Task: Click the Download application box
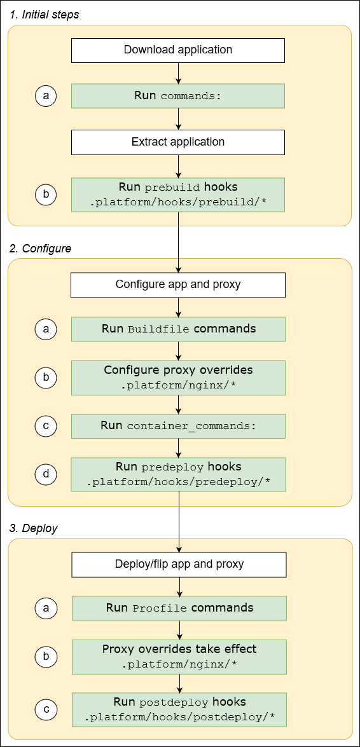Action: tap(177, 50)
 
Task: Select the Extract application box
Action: tap(177, 142)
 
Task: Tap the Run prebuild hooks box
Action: tap(177, 195)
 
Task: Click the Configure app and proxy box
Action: tap(178, 285)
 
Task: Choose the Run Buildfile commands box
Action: tap(178, 329)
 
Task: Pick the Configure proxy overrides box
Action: tap(178, 378)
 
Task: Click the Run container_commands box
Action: tap(178, 426)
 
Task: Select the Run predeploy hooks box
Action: tap(178, 475)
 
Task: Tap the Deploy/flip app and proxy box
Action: tap(179, 564)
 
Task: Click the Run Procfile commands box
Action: tap(179, 608)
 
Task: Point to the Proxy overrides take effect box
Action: tap(179, 657)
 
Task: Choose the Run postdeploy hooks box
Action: tap(179, 710)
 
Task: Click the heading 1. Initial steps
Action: tap(44, 15)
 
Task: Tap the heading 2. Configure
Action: tap(40, 249)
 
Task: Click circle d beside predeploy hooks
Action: tap(46, 474)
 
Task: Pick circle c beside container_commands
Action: tap(46, 426)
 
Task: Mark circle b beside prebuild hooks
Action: tap(46, 195)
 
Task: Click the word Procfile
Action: tap(160, 608)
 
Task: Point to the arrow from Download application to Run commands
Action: tap(178, 74)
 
